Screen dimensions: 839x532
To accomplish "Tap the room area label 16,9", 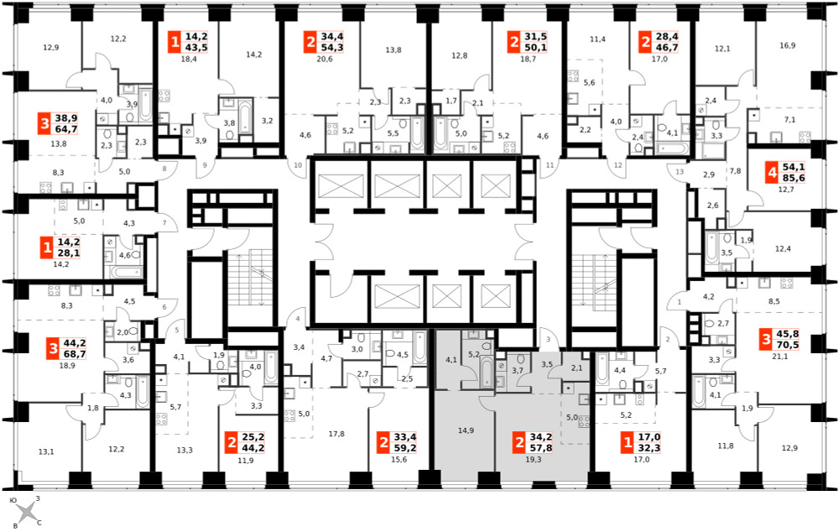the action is (787, 46).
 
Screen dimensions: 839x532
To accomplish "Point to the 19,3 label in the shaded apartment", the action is (534, 459).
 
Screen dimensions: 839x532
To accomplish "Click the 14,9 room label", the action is (466, 430).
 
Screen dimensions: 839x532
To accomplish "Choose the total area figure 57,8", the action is (541, 448).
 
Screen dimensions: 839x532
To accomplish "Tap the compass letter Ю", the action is (14, 500).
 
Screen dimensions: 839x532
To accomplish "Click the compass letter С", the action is (39, 523).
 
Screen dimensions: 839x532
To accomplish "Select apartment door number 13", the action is (680, 172).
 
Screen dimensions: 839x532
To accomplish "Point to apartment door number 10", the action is (298, 164).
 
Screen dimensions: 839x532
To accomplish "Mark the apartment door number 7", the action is (164, 222).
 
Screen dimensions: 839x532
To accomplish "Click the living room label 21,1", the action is (780, 357).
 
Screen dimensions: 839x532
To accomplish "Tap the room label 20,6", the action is (324, 59).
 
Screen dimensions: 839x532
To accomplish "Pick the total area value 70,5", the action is (788, 345).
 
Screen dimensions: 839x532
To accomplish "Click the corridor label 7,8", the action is (735, 171).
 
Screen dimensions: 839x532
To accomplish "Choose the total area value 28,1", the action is (68, 253).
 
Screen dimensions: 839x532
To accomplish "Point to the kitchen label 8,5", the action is (774, 301).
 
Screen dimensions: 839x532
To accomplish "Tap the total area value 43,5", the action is (196, 48).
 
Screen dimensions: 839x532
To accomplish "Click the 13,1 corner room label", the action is (46, 451).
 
